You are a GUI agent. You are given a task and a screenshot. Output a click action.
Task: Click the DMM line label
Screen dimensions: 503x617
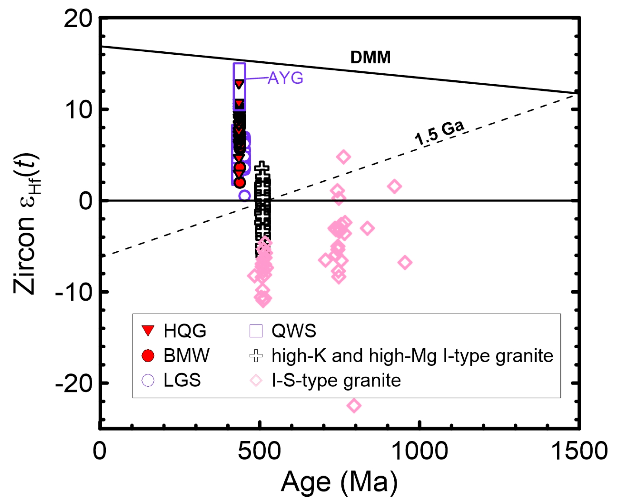tap(370, 57)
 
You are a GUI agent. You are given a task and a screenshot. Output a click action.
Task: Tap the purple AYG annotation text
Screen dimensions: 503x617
tap(285, 78)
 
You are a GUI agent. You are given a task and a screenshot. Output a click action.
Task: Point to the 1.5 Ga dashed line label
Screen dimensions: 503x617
tap(439, 133)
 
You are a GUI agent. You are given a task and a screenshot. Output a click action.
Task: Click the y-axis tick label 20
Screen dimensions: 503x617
tap(78, 19)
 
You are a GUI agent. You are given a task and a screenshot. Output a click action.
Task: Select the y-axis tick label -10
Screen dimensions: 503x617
tap(73, 292)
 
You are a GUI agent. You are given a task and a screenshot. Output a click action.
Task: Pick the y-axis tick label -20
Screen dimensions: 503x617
tap(73, 383)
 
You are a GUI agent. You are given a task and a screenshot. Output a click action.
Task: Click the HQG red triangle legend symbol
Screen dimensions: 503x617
tap(148, 330)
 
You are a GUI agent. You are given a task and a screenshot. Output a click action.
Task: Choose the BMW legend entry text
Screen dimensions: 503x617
tap(186, 356)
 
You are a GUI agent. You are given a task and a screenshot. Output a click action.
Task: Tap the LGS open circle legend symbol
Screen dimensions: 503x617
tap(148, 380)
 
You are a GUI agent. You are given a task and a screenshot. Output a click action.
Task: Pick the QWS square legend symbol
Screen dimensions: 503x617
tap(256, 330)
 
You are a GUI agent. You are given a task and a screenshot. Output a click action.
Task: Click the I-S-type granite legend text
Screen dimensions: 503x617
tap(336, 380)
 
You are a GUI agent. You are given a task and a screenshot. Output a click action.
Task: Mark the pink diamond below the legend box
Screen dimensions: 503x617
tap(354, 405)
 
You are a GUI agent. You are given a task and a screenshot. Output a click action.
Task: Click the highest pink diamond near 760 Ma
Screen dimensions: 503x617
tap(344, 157)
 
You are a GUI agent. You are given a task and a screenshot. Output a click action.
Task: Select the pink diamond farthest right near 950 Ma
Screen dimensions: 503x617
tap(405, 262)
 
